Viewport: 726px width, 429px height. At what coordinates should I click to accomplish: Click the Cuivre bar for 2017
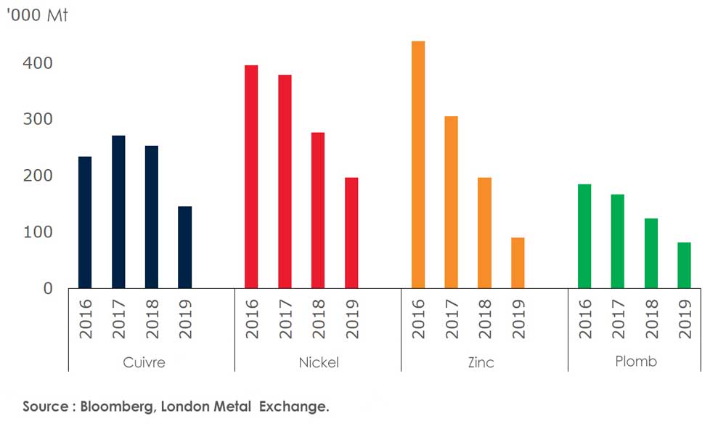(x=118, y=212)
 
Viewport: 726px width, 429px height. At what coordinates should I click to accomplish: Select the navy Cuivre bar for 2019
(x=185, y=248)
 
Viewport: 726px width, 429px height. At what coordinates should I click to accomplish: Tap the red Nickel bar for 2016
(x=251, y=177)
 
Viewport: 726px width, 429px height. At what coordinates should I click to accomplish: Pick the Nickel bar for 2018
(x=318, y=211)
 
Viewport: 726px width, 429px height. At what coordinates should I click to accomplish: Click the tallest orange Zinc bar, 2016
(x=418, y=165)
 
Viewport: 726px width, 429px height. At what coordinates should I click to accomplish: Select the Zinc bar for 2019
(x=518, y=263)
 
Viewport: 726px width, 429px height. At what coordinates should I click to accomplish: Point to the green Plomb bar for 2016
(x=584, y=237)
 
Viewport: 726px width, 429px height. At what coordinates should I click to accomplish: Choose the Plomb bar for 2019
(x=684, y=266)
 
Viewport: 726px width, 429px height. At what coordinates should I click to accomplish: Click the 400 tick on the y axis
(x=38, y=63)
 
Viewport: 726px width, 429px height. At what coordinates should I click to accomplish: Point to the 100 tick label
(x=38, y=232)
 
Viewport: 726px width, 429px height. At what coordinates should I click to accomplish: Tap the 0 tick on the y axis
(x=48, y=288)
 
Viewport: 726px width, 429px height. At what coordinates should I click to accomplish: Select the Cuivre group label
(x=144, y=362)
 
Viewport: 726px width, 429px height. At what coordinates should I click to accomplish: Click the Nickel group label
(x=319, y=362)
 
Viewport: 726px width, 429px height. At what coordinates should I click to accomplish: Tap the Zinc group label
(x=481, y=362)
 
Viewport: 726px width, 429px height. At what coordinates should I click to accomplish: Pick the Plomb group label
(x=635, y=361)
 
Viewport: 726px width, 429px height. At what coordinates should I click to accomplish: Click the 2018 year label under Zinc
(x=484, y=320)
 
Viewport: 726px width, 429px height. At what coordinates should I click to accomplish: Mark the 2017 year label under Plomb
(x=618, y=320)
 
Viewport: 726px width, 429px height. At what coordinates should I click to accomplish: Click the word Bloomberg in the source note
(x=116, y=406)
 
